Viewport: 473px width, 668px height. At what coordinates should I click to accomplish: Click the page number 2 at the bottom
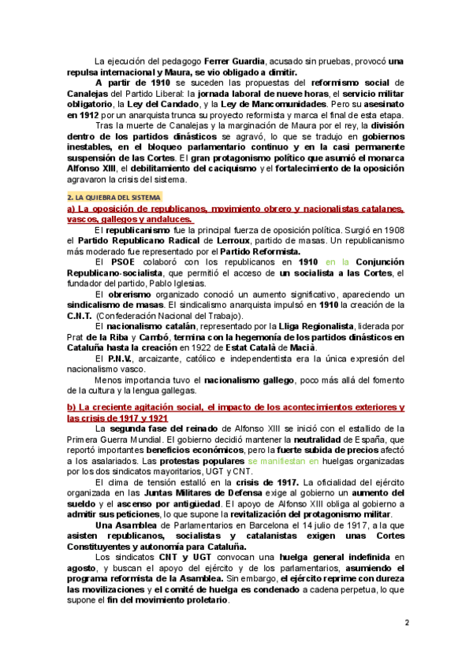point(407,623)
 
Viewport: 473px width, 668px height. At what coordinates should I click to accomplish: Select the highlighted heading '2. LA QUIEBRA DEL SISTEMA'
point(114,196)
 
